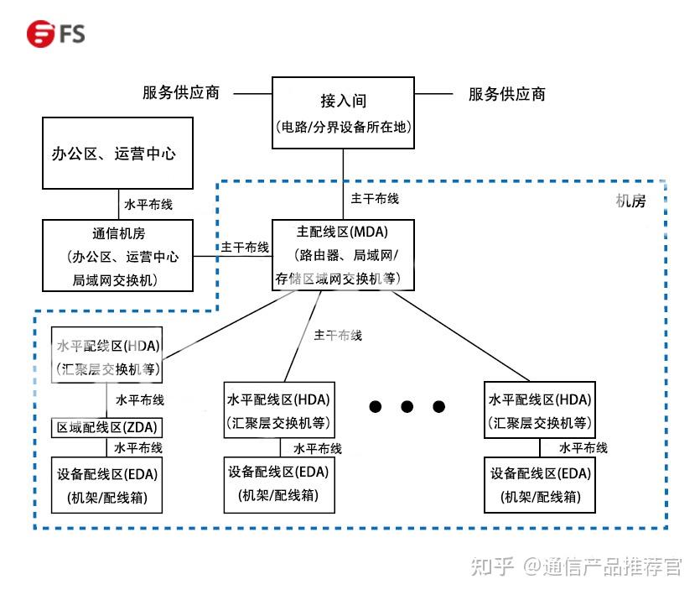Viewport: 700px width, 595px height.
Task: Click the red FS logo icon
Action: [x=39, y=34]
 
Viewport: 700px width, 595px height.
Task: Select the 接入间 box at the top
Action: [x=343, y=113]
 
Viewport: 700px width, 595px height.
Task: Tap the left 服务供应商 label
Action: [x=181, y=93]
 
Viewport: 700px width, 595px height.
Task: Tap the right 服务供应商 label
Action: [x=506, y=94]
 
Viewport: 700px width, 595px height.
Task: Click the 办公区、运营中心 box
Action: [x=117, y=153]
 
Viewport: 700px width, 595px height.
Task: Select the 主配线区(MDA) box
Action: [x=343, y=254]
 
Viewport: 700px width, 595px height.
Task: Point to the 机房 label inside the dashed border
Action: [x=630, y=201]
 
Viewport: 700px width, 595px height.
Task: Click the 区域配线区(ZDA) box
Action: [x=106, y=427]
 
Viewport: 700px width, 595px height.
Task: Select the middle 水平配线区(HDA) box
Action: [x=278, y=410]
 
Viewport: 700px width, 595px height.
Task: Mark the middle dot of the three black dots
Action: [x=407, y=407]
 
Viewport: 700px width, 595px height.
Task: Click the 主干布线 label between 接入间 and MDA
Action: [x=375, y=199]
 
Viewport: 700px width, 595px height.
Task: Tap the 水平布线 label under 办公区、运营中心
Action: [x=148, y=204]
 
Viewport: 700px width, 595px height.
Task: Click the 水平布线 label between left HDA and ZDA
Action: [x=140, y=399]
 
